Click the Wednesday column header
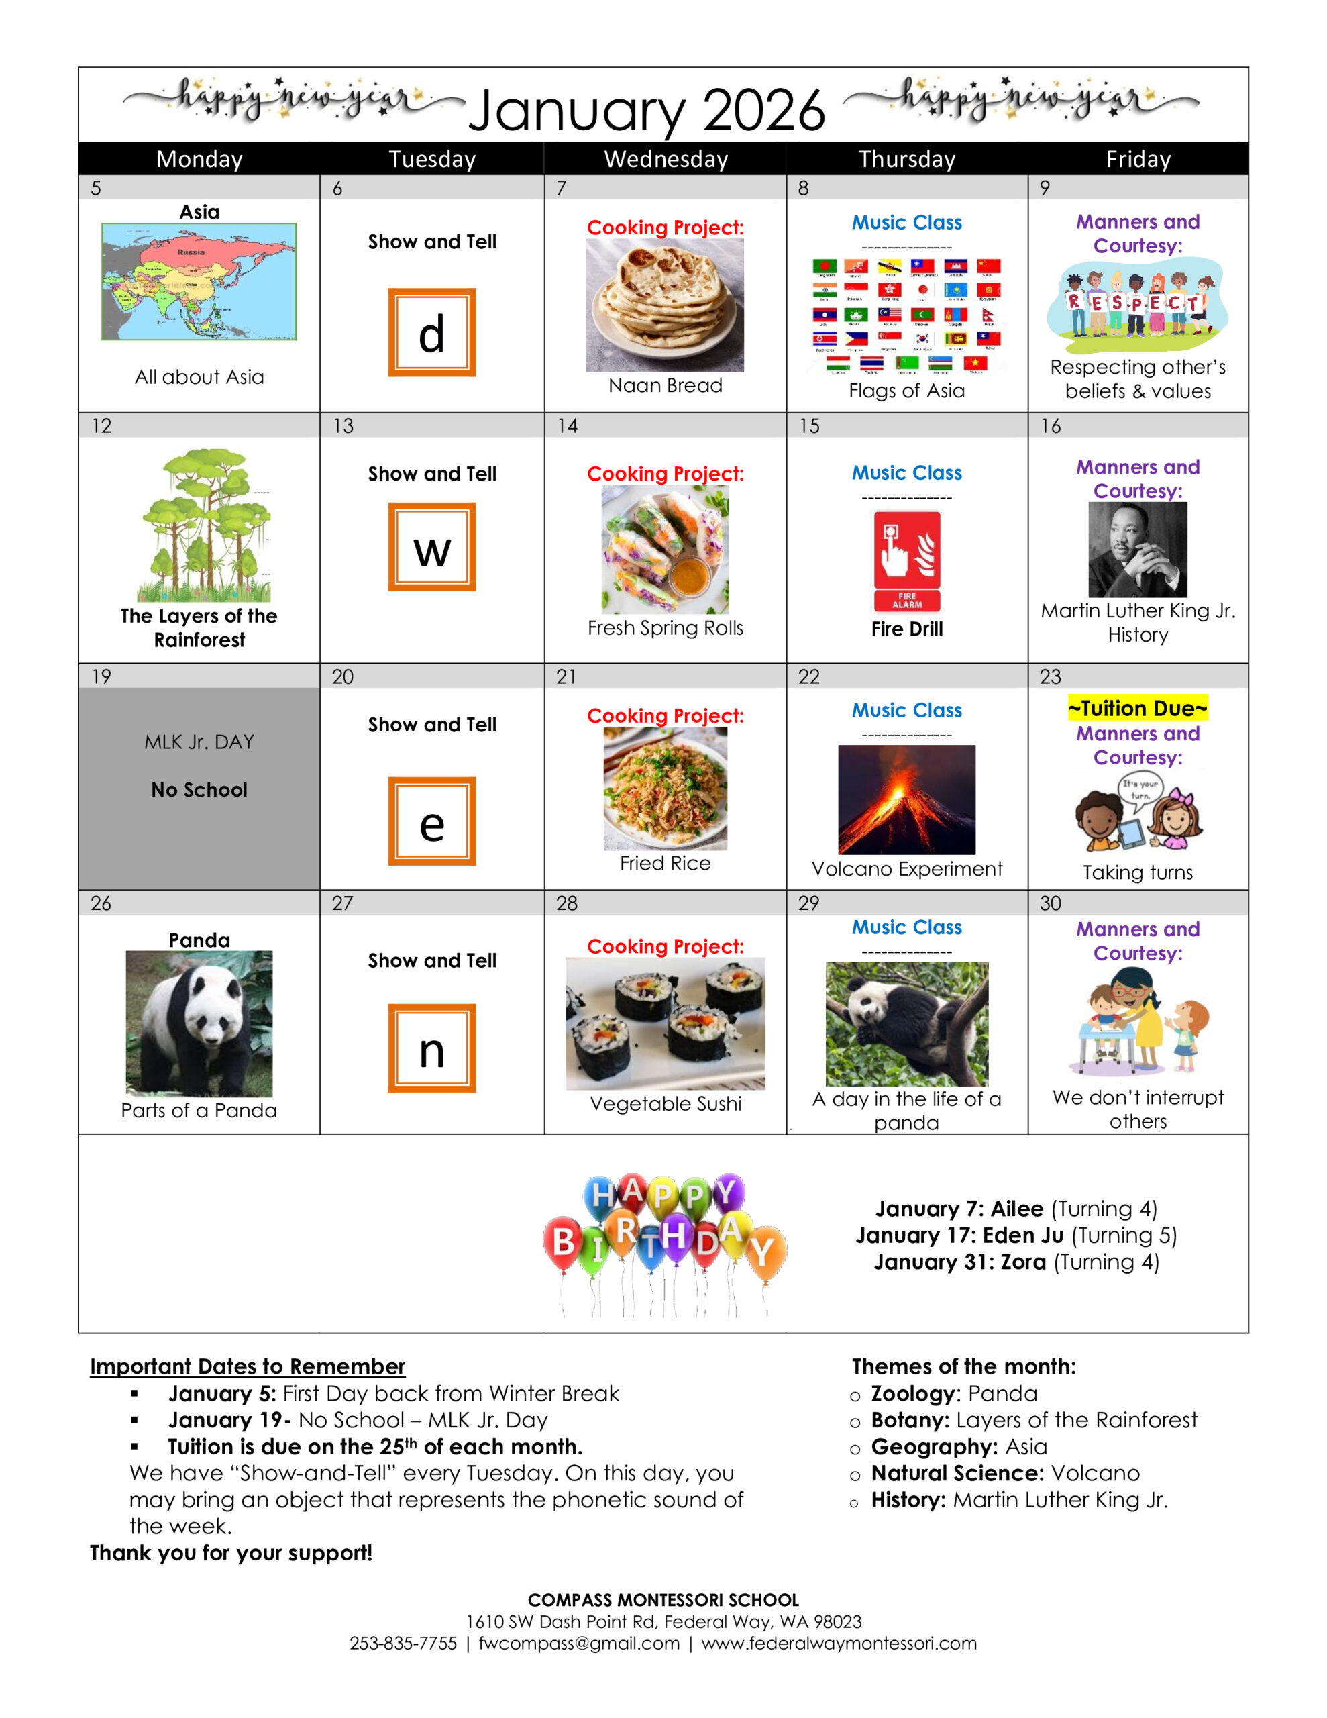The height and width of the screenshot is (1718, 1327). click(666, 160)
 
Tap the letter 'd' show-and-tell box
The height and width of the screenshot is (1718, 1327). click(432, 333)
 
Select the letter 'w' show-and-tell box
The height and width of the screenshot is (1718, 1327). click(432, 547)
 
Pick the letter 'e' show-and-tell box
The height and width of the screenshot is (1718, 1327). click(432, 821)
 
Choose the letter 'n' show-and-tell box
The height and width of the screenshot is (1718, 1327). click(432, 1048)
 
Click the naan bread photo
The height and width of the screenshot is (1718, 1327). click(665, 305)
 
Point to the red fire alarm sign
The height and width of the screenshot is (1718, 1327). click(907, 561)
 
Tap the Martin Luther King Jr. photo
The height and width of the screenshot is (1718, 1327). click(1137, 549)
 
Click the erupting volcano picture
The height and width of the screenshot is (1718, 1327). click(906, 799)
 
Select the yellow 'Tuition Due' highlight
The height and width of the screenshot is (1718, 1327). click(1137, 708)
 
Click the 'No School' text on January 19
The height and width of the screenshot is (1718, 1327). click(199, 790)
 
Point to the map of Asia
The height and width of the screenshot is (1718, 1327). click(199, 282)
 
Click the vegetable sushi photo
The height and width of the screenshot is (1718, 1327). click(665, 1023)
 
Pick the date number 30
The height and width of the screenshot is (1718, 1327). click(1050, 903)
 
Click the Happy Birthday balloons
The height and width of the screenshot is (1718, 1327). click(665, 1243)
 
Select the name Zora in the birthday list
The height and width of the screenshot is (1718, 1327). click(1022, 1262)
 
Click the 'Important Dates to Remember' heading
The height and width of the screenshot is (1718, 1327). click(247, 1366)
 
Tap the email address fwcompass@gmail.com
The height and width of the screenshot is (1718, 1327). click(579, 1644)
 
